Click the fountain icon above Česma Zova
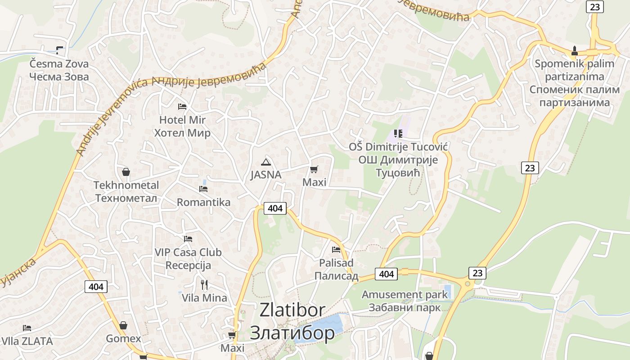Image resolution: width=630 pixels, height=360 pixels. [59, 50]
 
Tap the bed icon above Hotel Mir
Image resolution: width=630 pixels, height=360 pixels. [182, 107]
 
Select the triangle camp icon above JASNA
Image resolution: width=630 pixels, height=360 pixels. [266, 162]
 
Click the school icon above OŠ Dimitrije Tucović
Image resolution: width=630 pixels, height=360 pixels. [398, 134]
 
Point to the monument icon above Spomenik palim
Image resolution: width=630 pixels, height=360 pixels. [575, 51]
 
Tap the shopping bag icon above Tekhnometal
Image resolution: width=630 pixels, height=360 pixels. [126, 172]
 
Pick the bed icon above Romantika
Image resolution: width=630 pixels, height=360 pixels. [203, 189]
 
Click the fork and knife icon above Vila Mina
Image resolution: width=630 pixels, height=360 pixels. [204, 284]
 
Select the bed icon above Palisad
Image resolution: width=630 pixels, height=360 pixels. [336, 249]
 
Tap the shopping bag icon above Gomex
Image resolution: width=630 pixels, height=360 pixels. [123, 325]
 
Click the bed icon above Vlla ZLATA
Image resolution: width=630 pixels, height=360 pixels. [27, 328]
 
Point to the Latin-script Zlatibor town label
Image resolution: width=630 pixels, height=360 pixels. [292, 310]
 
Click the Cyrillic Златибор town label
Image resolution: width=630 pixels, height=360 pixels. [292, 333]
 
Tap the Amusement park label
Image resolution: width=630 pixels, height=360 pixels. [405, 295]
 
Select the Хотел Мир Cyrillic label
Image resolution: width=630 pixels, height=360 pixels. [182, 133]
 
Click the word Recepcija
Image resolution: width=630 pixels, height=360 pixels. [188, 265]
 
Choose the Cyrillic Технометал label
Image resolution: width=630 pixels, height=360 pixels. [126, 198]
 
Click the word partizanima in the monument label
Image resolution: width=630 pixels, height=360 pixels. [574, 76]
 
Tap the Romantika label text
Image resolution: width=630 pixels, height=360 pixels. [203, 202]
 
